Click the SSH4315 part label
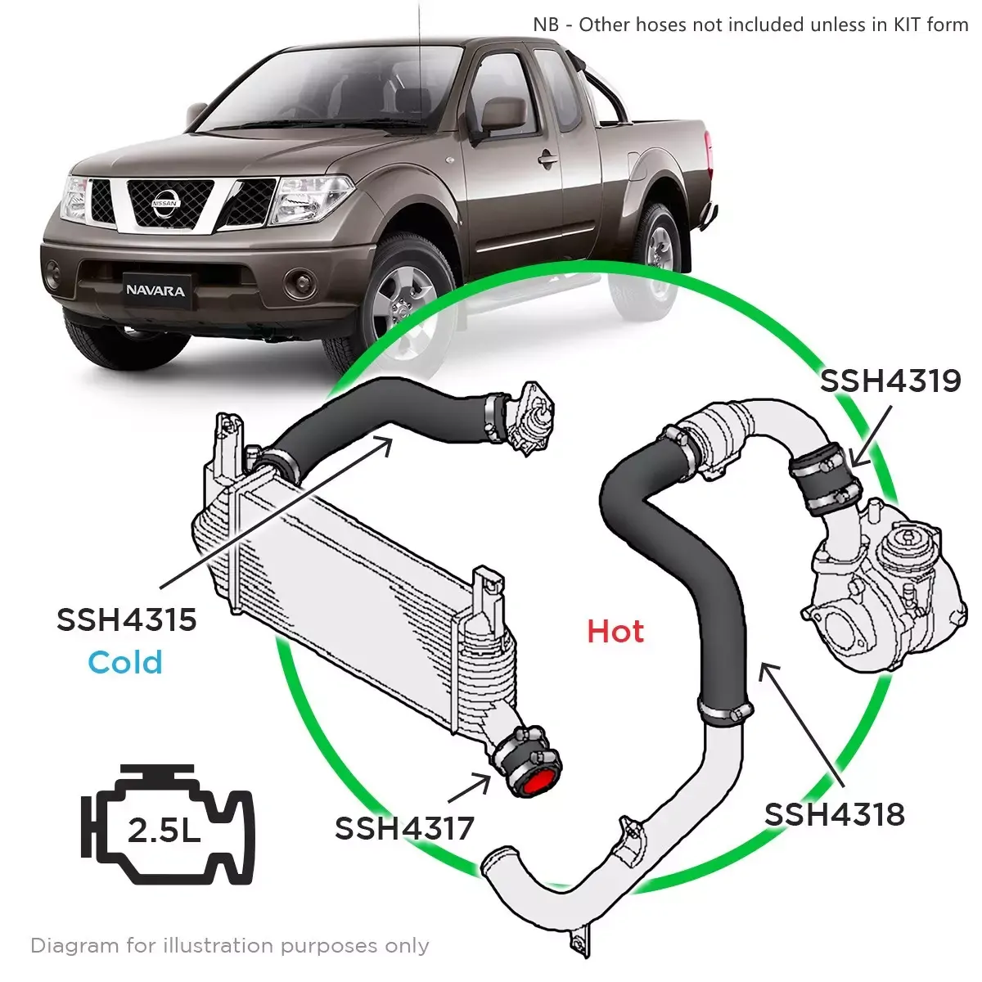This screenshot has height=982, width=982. (126, 619)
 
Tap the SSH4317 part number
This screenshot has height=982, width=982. (404, 828)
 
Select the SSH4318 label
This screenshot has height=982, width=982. (834, 814)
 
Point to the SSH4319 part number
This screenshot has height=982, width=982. (890, 381)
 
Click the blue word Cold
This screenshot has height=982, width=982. (125, 662)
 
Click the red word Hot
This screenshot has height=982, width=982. (615, 632)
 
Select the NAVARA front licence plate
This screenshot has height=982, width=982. (155, 291)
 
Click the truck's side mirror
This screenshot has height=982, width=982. (502, 115)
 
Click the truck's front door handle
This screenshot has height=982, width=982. (547, 158)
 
